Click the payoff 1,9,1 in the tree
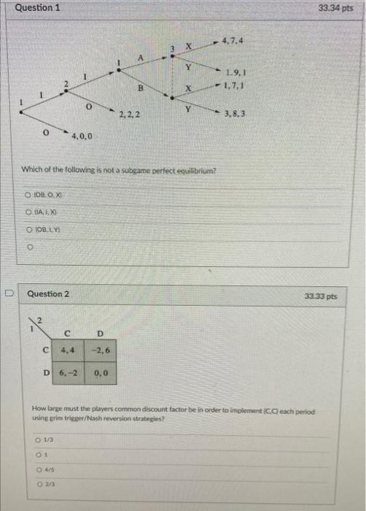click(x=235, y=73)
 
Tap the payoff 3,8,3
click(x=235, y=115)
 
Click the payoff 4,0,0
click(x=82, y=137)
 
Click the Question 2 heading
click(x=49, y=294)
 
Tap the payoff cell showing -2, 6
click(x=100, y=350)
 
